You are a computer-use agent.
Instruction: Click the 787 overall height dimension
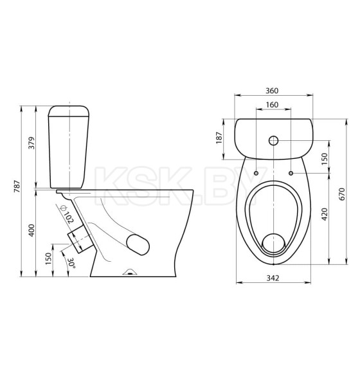tap(18, 186)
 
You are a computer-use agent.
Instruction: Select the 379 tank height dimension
tap(32, 143)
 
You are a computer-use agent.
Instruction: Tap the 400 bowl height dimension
tap(32, 230)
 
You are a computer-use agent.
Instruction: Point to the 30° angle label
tap(71, 263)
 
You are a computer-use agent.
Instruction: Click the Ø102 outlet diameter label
tap(67, 215)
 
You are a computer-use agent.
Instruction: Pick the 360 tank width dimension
tap(272, 91)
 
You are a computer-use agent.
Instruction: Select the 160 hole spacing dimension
tap(272, 105)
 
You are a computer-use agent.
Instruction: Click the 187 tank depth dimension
tap(219, 137)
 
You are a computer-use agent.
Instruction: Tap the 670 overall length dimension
tap(341, 194)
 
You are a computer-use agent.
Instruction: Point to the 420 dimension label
tap(325, 214)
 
